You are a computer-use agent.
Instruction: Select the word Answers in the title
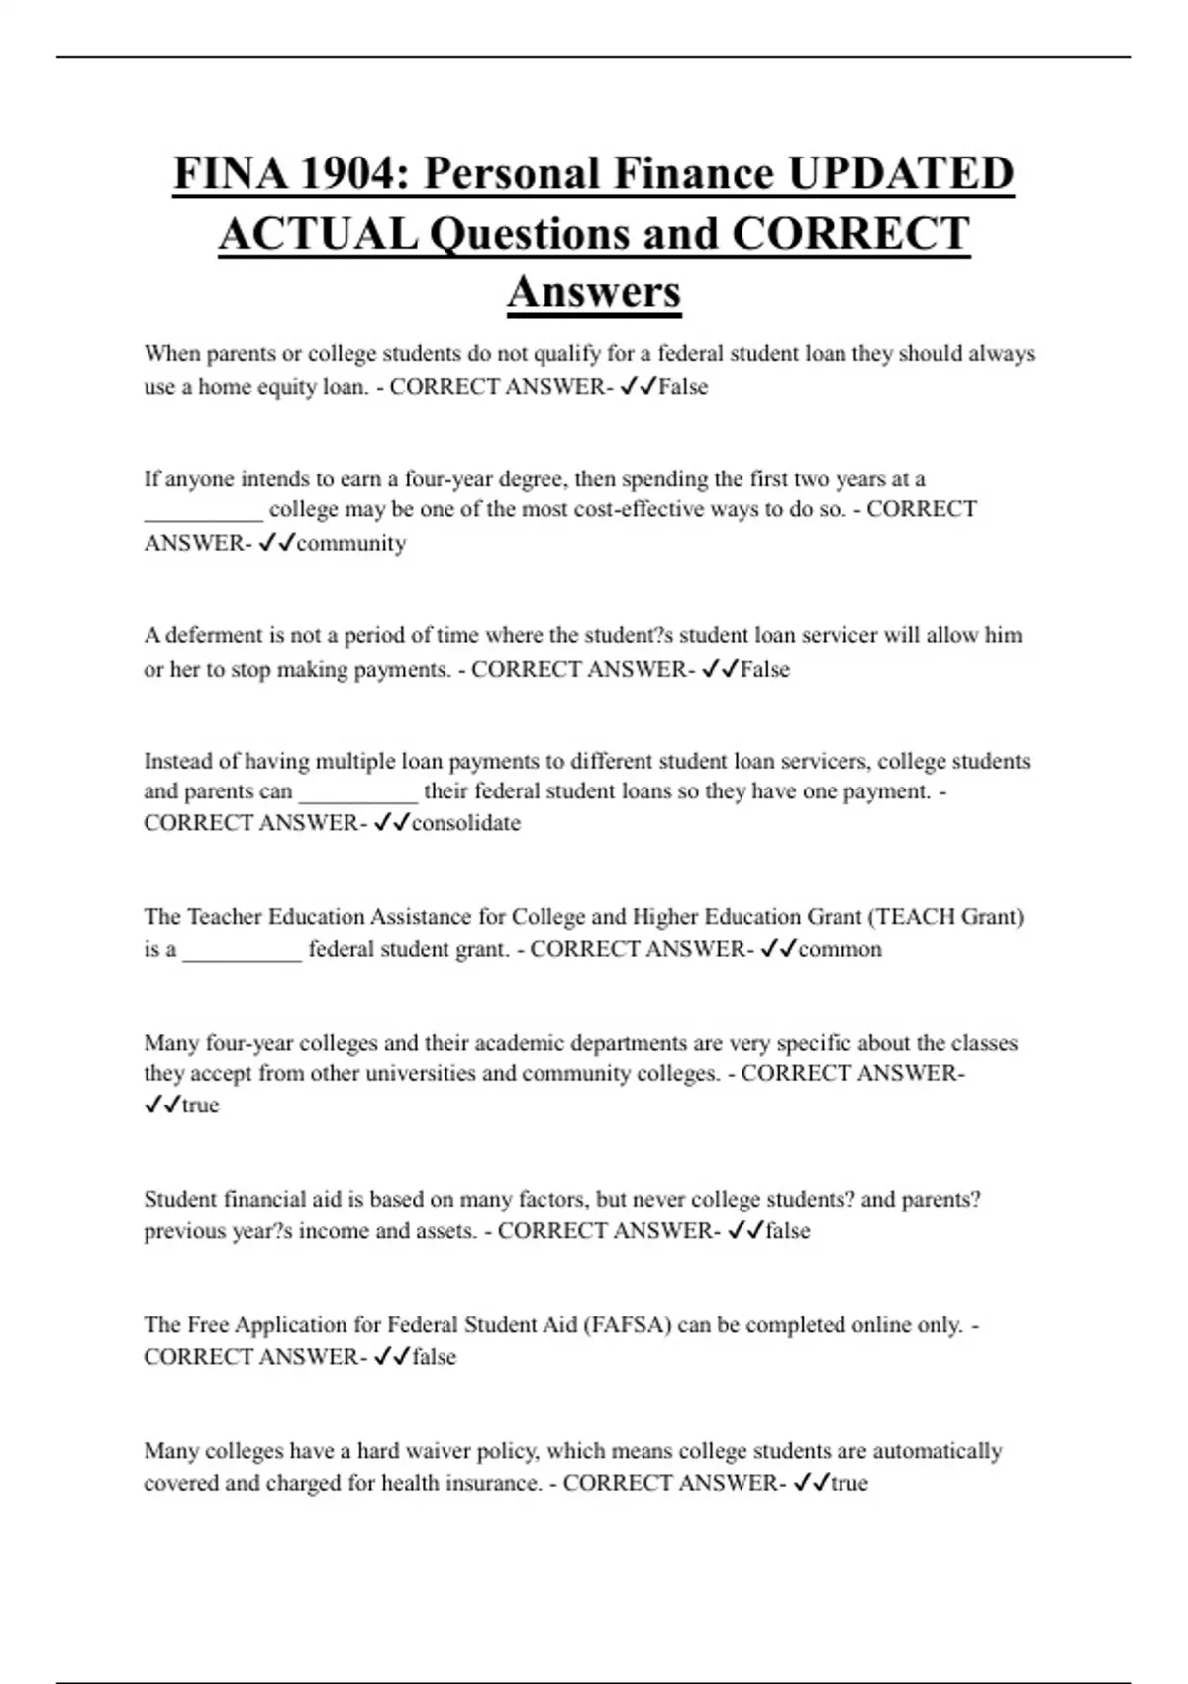[594, 291]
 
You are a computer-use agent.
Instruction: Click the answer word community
[351, 543]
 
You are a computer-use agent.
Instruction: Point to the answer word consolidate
[465, 823]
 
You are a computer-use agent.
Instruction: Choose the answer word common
[840, 949]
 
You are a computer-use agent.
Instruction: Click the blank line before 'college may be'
[204, 513]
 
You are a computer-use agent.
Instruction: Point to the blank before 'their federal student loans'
[358, 794]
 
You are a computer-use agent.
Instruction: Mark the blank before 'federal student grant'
[243, 952]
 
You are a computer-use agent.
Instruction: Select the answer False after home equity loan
[683, 387]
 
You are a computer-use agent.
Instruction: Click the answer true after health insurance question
[848, 1483]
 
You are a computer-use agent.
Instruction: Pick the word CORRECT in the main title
[849, 234]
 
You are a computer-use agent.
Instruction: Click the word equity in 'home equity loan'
[286, 387]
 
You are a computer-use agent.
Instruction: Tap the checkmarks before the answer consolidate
[392, 823]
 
